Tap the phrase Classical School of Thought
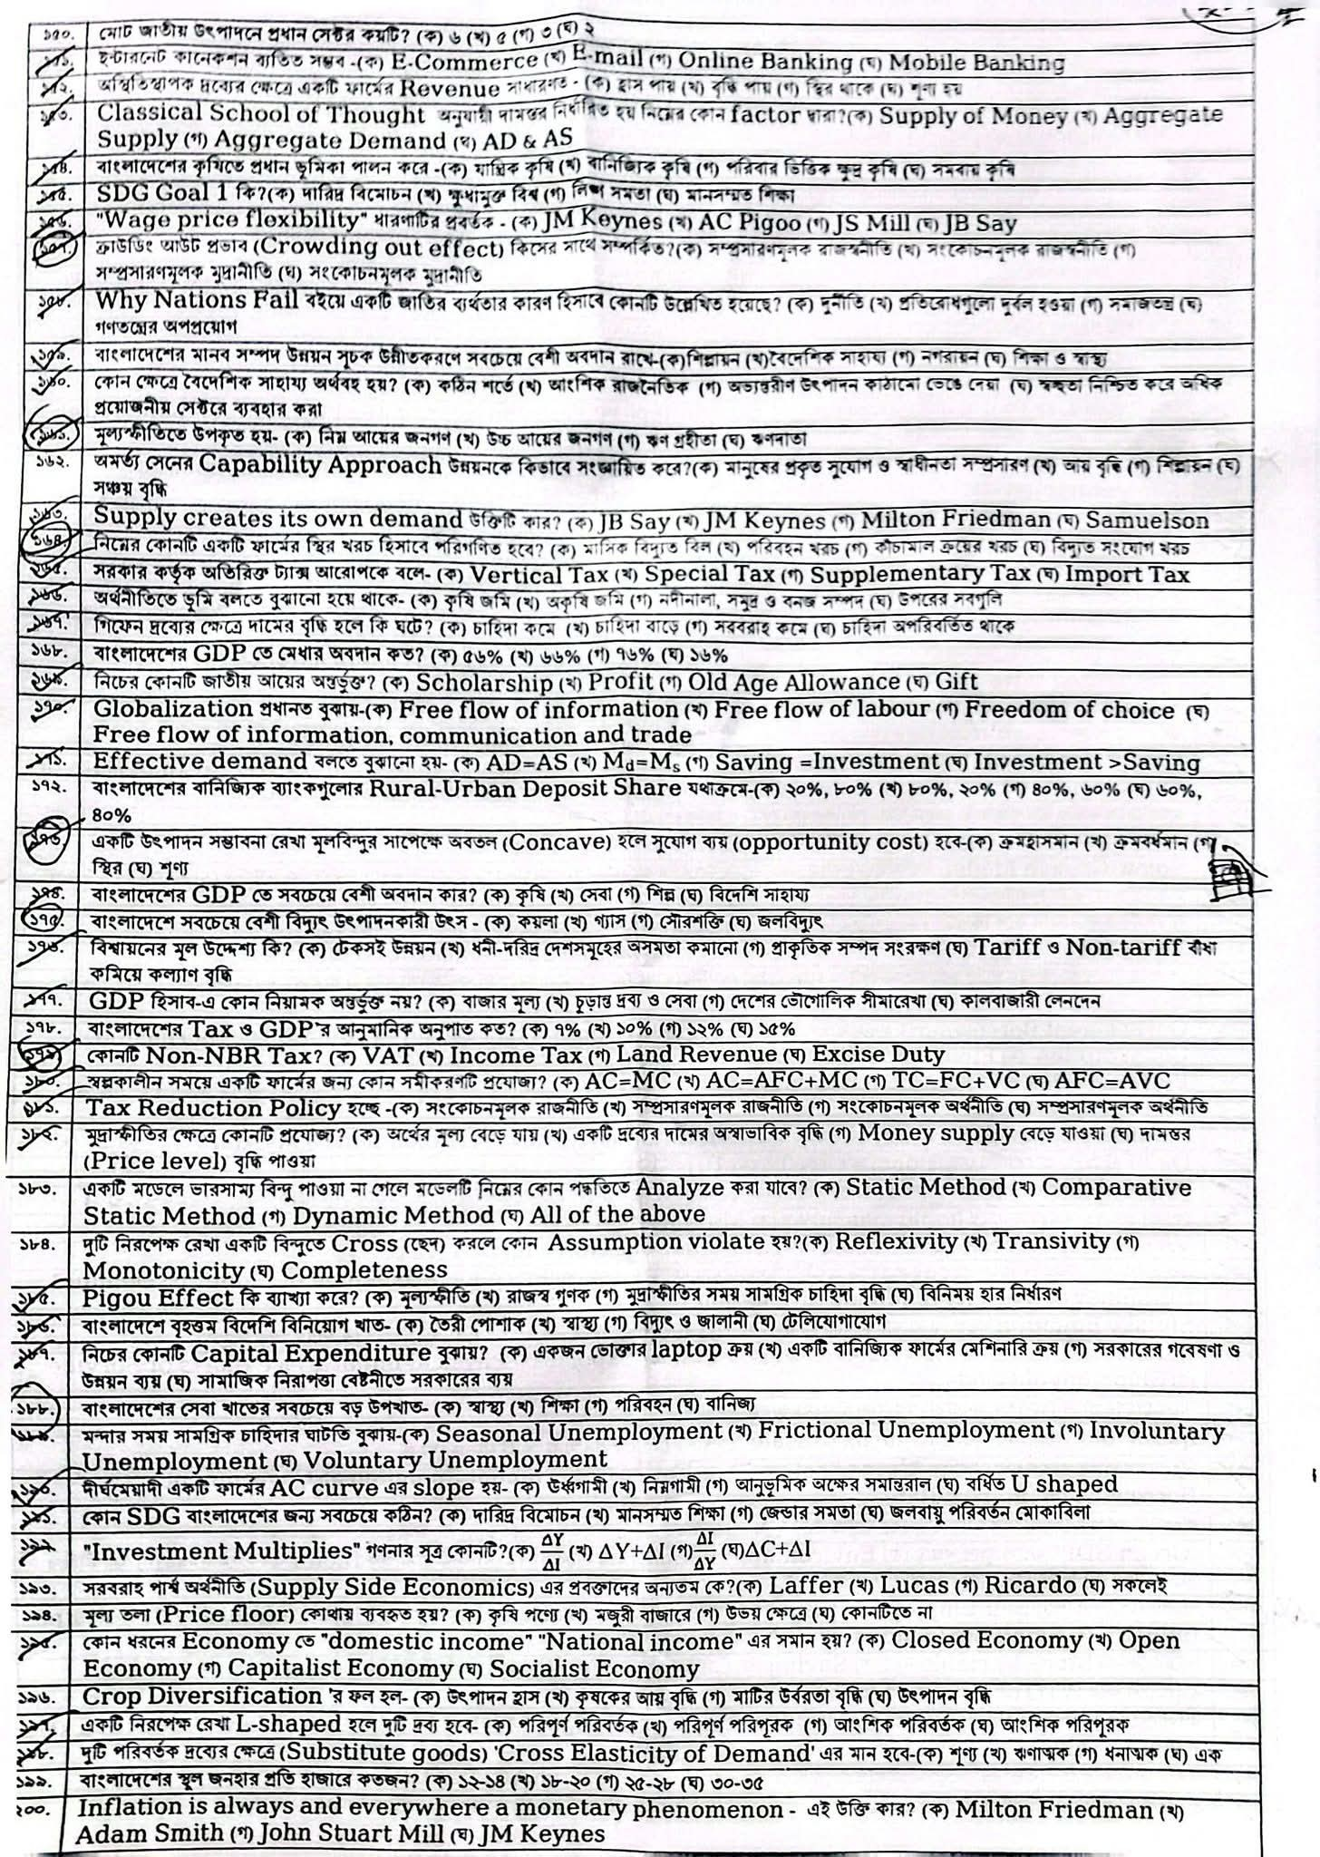click(x=260, y=114)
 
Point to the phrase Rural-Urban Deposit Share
click(x=525, y=788)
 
